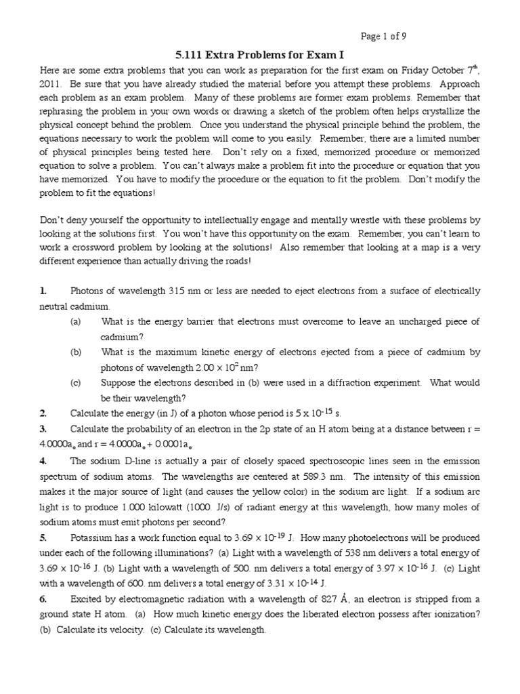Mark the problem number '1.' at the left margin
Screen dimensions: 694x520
[43, 291]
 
